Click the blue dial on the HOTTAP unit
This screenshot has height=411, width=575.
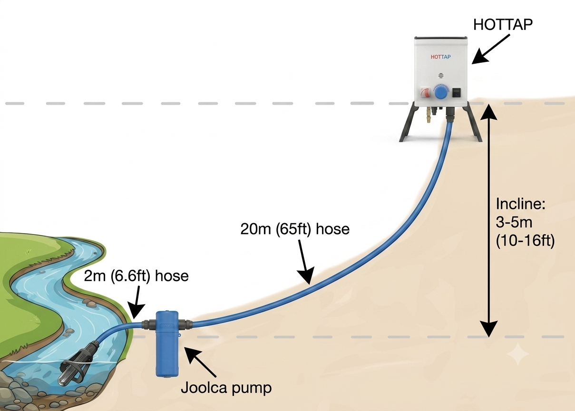(441, 93)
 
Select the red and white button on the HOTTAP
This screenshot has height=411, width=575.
(425, 93)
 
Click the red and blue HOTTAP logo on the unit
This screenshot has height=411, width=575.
(440, 57)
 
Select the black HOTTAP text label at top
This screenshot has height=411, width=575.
(503, 25)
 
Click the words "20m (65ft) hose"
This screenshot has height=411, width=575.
(295, 229)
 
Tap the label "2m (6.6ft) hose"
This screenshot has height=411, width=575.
(136, 276)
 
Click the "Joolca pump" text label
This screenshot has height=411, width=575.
(226, 388)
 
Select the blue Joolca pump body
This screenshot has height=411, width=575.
(167, 343)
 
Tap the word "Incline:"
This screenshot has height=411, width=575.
(520, 204)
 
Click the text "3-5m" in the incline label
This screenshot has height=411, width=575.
(514, 222)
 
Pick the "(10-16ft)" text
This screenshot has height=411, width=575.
(525, 241)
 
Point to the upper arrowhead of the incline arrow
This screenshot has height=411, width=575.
(488, 112)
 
